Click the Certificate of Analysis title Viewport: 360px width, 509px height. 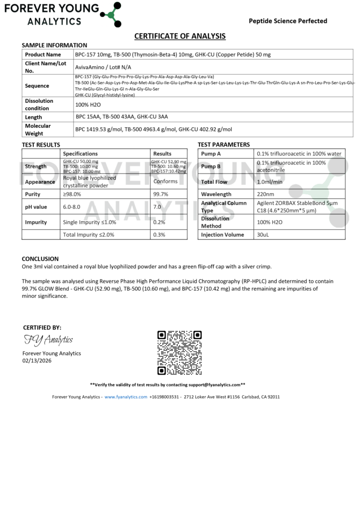[180, 36]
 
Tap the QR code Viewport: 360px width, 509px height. [180, 352]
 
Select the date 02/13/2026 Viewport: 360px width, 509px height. [37, 361]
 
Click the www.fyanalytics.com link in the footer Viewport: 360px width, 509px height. [126, 397]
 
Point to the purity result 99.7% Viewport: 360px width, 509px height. [160, 194]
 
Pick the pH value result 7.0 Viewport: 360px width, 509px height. [158, 206]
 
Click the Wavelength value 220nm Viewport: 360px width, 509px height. [266, 194]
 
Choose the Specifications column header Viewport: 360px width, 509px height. [80, 154]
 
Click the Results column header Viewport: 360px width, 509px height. [162, 154]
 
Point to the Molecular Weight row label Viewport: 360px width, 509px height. [38, 130]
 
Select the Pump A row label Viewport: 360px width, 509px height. [211, 154]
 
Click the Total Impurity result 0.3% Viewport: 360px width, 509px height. [159, 235]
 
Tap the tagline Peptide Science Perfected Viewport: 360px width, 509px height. [288, 21]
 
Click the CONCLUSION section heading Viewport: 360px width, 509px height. [40, 259]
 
